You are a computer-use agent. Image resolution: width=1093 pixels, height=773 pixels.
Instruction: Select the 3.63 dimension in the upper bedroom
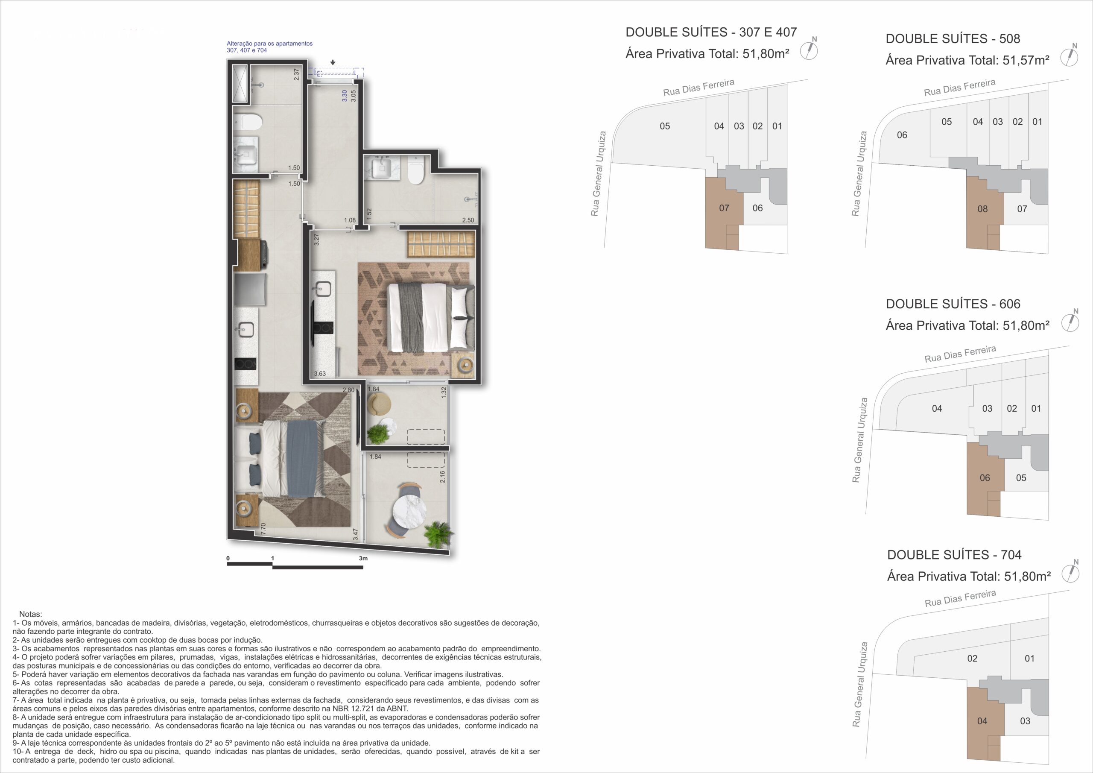320,373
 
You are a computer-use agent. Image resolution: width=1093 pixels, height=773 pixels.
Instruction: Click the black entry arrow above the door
333,62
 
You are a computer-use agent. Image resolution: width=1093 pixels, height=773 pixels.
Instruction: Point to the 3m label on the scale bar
363,558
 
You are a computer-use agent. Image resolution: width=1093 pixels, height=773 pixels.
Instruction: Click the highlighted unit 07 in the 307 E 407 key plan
724,208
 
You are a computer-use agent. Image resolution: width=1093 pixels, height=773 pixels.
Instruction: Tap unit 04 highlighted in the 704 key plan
982,721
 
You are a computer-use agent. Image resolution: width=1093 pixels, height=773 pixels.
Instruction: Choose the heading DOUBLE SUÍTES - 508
953,38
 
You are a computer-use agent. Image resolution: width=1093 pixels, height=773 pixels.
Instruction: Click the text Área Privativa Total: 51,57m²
967,61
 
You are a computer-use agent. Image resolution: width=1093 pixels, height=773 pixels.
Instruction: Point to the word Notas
30,615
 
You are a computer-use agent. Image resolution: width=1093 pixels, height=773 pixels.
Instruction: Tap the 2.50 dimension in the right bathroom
468,220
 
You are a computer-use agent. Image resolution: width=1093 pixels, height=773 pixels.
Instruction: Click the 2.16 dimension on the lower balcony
442,477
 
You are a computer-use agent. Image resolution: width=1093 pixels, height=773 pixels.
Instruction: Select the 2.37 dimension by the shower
297,74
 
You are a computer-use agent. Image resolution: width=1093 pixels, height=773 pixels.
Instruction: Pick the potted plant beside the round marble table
438,534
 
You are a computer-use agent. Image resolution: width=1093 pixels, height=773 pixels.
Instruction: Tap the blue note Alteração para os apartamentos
269,43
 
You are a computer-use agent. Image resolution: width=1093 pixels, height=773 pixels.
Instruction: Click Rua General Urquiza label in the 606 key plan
859,441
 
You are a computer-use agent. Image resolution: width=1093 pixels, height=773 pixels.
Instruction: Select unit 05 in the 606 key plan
1021,478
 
